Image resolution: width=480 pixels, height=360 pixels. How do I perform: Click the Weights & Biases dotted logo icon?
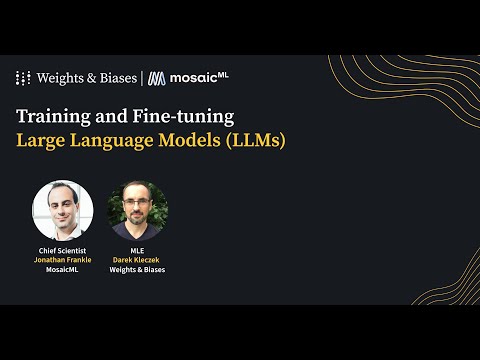(x=24, y=78)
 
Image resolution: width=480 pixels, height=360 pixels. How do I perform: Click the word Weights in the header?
(x=63, y=78)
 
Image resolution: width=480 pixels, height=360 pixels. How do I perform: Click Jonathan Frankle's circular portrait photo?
(x=62, y=210)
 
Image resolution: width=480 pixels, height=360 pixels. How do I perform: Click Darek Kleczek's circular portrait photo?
(x=137, y=210)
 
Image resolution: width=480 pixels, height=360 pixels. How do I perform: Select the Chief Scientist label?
(x=62, y=250)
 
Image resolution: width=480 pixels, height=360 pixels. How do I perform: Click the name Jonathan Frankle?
(x=62, y=260)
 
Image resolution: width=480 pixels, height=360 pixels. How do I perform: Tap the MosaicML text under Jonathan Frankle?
(x=62, y=270)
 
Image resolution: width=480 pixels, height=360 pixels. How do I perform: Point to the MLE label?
(x=137, y=250)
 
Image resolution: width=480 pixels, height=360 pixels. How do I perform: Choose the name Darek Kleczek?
(x=137, y=260)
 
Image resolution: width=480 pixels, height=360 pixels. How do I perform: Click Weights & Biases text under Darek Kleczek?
(x=137, y=270)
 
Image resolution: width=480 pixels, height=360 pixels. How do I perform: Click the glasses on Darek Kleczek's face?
(x=137, y=205)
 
